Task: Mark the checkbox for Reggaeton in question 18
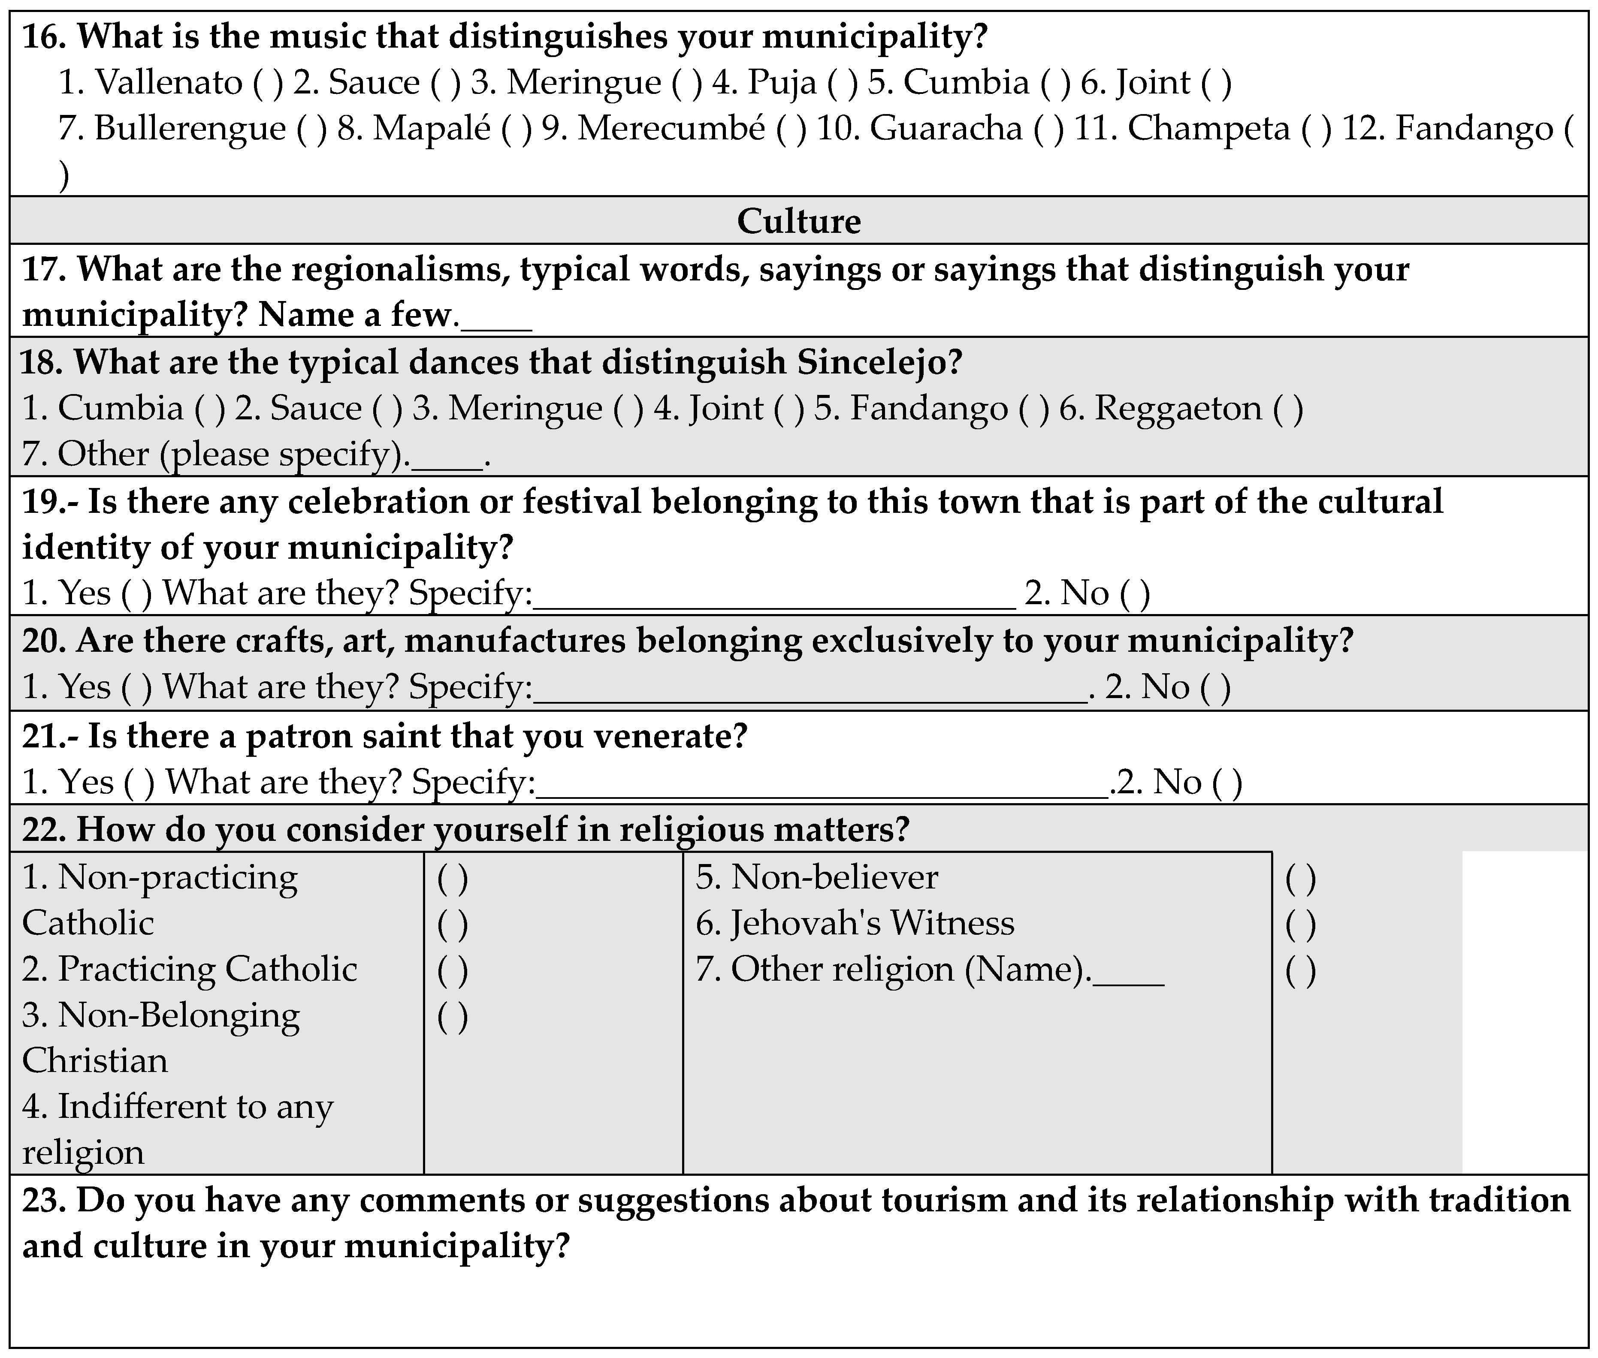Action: (x=1288, y=409)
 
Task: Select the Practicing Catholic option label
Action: (x=190, y=969)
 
